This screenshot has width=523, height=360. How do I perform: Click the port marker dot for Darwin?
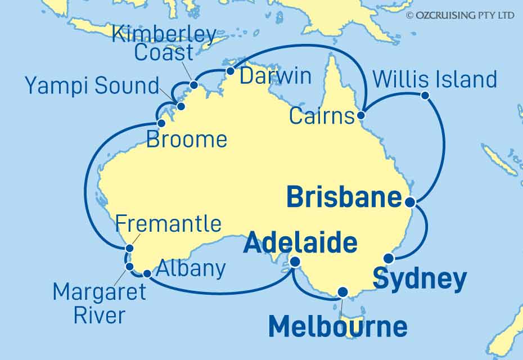coord(230,71)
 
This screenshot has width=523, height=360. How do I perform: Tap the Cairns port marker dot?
coord(361,116)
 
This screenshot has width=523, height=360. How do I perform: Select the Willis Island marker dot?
coord(425,96)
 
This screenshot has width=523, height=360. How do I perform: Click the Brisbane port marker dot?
coord(411,202)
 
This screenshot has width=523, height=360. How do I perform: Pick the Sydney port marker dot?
coord(389,259)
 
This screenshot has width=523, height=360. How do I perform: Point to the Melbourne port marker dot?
coord(341,292)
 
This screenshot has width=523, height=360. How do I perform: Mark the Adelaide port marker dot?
coord(295,262)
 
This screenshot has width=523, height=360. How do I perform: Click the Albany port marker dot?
coord(147,274)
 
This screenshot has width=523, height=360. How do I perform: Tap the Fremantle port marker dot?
coord(129,248)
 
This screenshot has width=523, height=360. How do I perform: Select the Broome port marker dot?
coord(161,123)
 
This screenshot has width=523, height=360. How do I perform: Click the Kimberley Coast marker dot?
coord(193,85)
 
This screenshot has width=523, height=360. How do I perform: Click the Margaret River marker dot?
coord(129,266)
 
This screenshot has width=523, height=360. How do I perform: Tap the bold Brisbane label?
coord(344,198)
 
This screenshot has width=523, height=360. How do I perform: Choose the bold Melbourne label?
coord(337,327)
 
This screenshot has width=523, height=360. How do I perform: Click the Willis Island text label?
coord(435,80)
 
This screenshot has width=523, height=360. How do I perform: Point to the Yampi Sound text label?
coord(92,87)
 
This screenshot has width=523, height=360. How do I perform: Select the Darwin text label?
coord(276,76)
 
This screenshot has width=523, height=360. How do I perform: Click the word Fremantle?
coord(168,224)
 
